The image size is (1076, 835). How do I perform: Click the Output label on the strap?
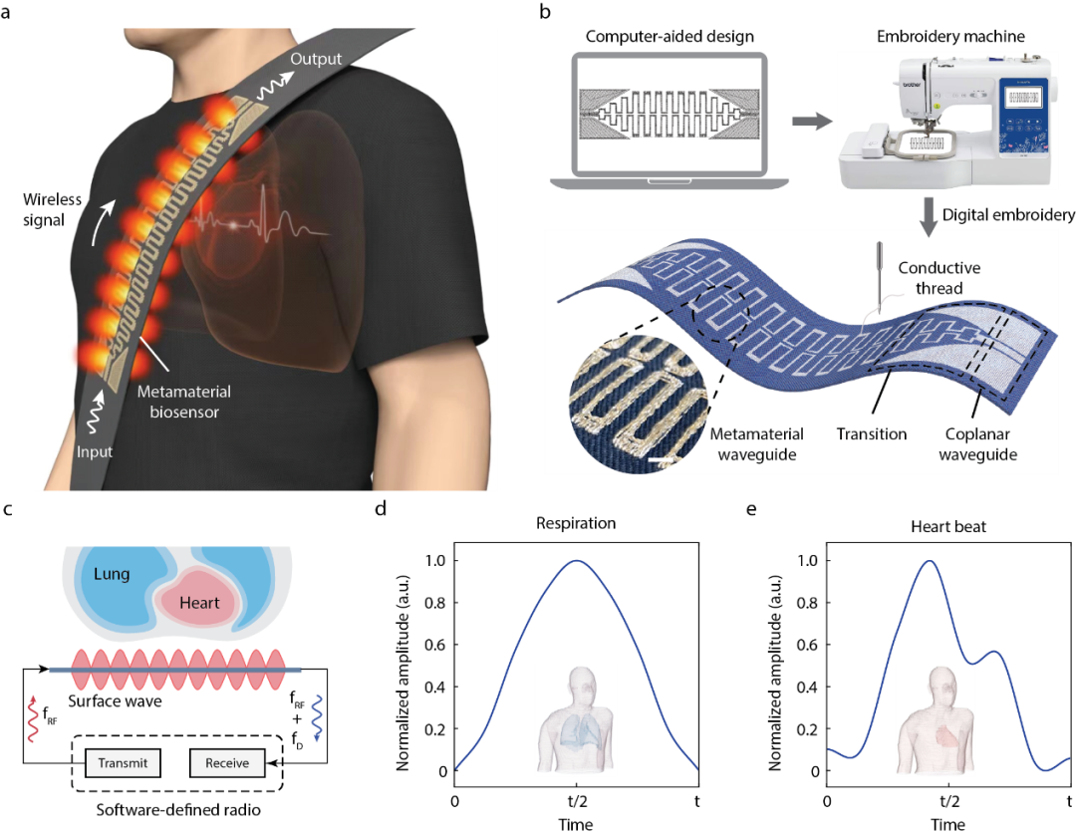[316, 60]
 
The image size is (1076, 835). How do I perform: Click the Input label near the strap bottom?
[95, 452]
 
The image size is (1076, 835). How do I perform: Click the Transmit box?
[123, 763]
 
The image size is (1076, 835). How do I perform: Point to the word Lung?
[112, 574]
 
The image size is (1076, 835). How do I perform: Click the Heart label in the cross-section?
[199, 603]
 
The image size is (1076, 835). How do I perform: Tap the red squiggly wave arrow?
[33, 719]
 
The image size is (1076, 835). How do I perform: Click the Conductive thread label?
[939, 278]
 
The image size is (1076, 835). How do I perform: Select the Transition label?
[872, 433]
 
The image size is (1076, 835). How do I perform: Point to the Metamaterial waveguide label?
[758, 443]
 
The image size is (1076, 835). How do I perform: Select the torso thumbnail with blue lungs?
[576, 719]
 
